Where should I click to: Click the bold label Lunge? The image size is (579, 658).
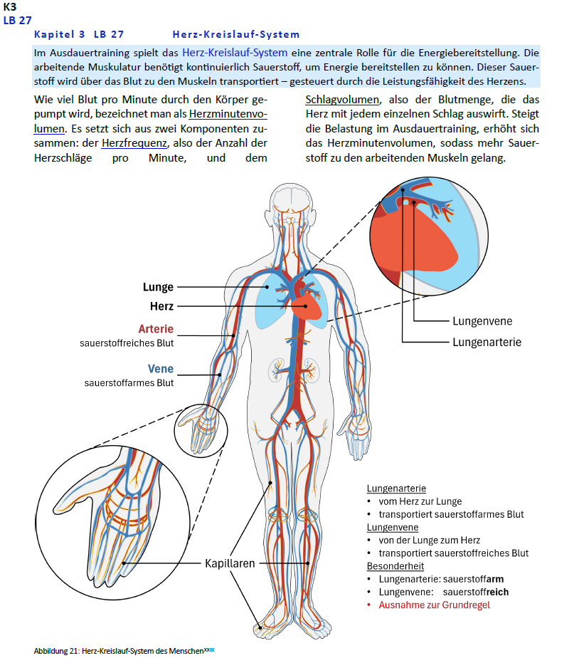coord(158,287)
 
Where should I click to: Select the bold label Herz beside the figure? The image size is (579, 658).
coord(161,306)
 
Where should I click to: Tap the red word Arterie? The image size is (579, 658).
coord(156,329)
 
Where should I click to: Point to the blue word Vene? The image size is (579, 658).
coord(161,369)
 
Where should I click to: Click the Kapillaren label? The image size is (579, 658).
coord(230,563)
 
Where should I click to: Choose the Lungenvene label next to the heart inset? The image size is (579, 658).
coord(482,321)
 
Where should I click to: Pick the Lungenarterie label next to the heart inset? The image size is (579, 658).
coord(487,342)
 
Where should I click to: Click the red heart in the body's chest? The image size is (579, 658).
coord(307,307)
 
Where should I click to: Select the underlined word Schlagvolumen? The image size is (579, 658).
coord(342,100)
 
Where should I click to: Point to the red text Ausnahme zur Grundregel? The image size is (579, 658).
coord(434,605)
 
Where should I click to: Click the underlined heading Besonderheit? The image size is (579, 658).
coord(395,566)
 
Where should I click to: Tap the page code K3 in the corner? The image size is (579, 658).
coord(10,6)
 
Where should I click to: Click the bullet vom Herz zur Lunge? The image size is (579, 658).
coord(420,501)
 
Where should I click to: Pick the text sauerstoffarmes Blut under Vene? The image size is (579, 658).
coord(129,382)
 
